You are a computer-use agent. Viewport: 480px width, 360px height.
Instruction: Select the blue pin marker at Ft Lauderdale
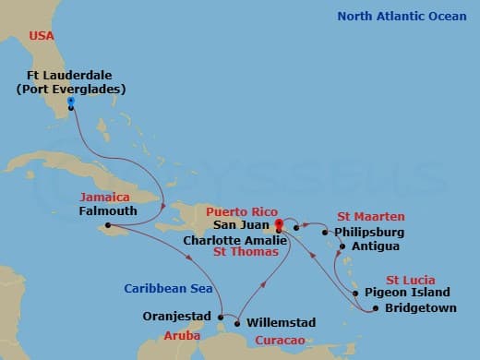(70, 102)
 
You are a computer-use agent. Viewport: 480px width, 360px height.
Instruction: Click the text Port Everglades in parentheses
(70, 90)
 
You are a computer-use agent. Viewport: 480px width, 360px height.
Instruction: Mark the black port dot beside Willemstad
(239, 322)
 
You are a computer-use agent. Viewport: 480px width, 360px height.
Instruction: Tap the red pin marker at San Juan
(279, 222)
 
